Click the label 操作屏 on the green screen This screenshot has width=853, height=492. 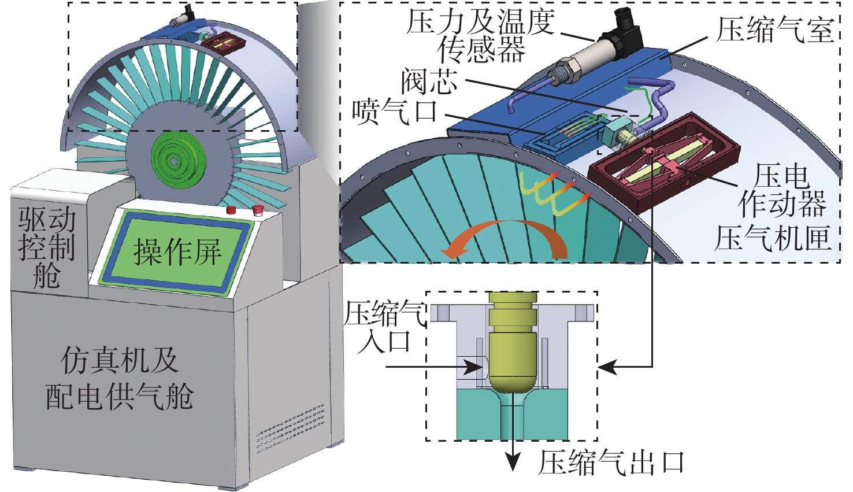click(177, 252)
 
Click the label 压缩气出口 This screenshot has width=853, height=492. click(611, 463)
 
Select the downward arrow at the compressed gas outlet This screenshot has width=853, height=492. click(514, 438)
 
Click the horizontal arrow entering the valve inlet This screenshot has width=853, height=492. click(434, 367)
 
